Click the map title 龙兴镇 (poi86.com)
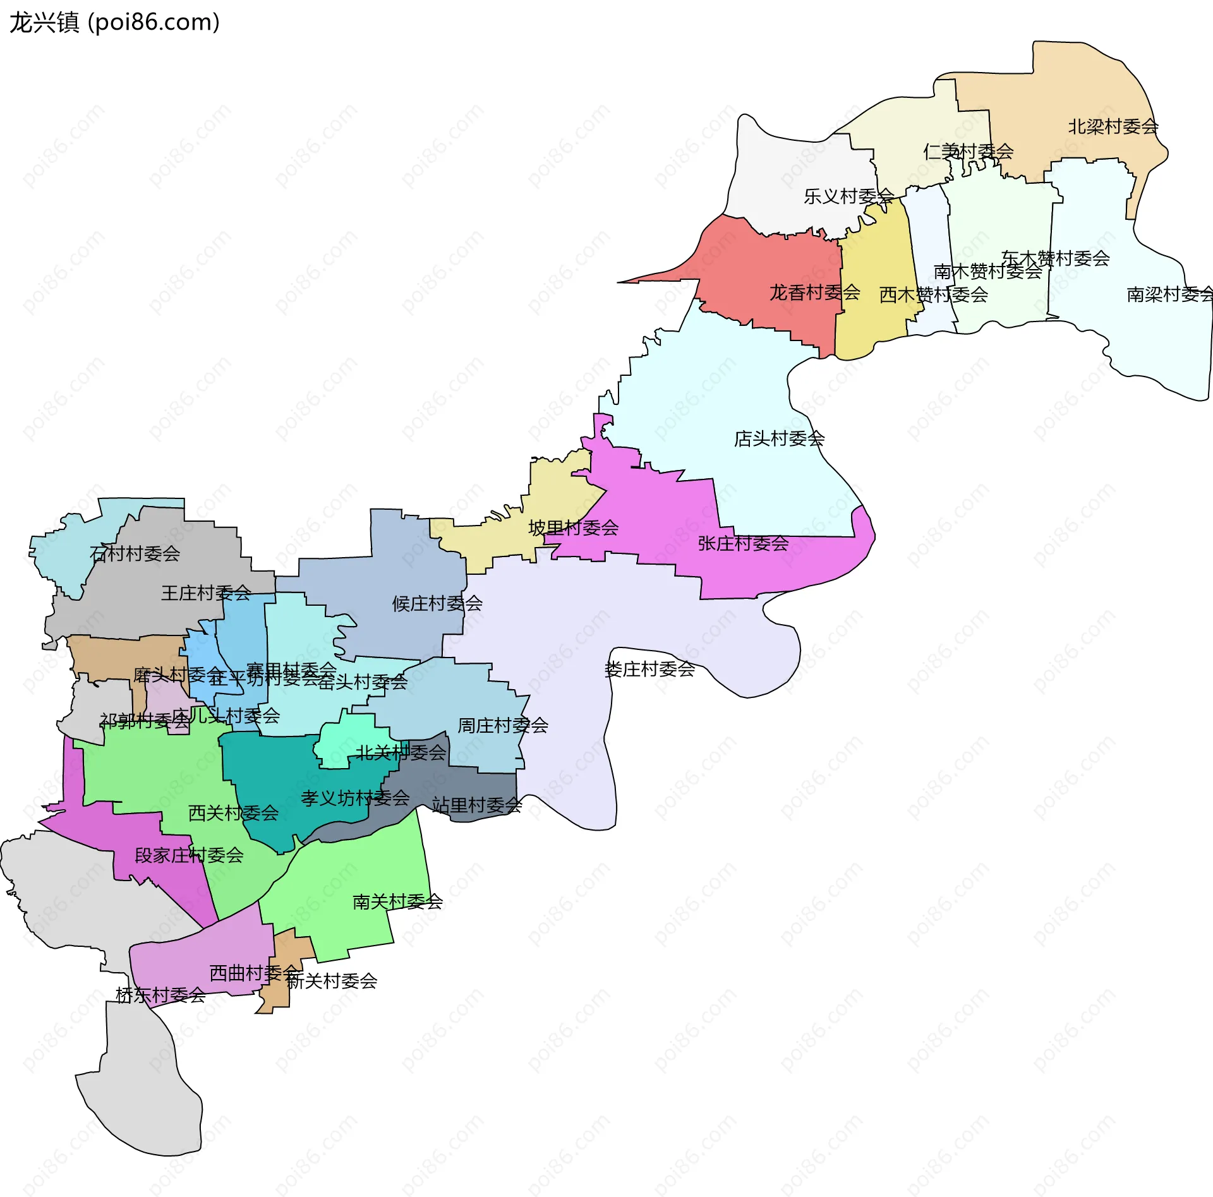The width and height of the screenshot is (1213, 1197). [114, 22]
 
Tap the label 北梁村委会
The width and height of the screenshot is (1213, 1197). [1113, 127]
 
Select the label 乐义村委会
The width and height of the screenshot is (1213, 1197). [848, 196]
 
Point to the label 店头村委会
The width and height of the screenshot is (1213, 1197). [778, 438]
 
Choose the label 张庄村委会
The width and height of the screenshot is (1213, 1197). [743, 543]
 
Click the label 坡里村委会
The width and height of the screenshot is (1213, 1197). [573, 528]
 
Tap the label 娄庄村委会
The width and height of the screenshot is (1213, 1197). [649, 670]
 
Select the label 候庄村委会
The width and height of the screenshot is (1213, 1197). [437, 604]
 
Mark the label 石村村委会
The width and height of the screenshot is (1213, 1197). [135, 554]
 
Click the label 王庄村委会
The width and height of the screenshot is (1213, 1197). [206, 593]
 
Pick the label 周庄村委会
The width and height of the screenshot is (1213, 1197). [502, 725]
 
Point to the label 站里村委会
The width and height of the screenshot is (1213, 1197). [477, 805]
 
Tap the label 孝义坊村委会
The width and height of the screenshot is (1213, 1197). [355, 798]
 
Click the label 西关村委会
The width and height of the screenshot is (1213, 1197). [233, 813]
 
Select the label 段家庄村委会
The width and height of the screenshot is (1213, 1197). [189, 855]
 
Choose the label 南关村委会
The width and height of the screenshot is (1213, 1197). [397, 902]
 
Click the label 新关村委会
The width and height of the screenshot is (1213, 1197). [332, 981]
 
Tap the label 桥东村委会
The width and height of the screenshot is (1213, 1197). [160, 995]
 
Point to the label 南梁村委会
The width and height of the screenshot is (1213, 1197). [1169, 294]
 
